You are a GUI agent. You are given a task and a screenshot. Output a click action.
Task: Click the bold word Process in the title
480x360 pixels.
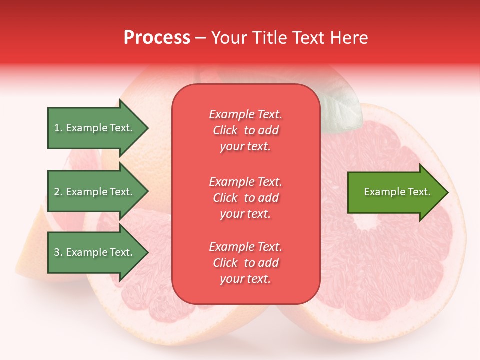pos(157,38)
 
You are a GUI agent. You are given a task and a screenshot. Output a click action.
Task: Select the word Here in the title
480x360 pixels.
pos(350,38)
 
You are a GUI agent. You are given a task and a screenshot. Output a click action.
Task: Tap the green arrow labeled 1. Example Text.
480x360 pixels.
pos(95,128)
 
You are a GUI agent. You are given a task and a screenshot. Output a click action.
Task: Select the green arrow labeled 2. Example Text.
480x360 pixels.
pos(95,192)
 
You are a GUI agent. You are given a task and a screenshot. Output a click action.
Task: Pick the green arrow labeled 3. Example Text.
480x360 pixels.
pos(95,253)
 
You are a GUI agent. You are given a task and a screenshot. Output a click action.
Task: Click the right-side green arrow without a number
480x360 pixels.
pos(395,192)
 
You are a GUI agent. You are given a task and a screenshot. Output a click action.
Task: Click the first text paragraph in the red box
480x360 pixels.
pos(245,130)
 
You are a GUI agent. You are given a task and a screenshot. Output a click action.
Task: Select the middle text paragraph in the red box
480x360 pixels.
pos(245,198)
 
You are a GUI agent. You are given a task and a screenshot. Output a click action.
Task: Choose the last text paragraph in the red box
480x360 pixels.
pos(245,263)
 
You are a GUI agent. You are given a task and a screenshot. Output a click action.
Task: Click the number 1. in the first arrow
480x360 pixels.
pos(58,128)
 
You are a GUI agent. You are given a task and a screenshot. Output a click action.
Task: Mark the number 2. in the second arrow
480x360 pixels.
pos(58,192)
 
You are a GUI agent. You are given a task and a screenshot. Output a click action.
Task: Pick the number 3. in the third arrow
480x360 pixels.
pos(58,253)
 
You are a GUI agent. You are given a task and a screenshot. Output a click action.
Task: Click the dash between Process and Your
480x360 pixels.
pos(200,38)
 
